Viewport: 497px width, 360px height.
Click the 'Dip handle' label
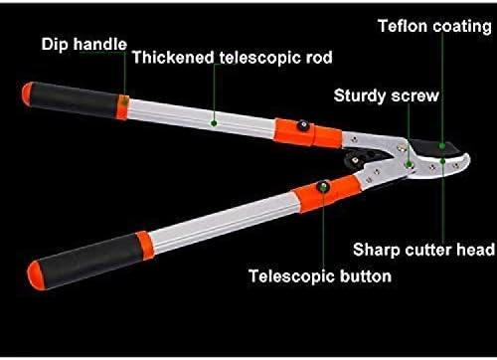83,44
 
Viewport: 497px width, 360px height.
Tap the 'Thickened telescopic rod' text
233,58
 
